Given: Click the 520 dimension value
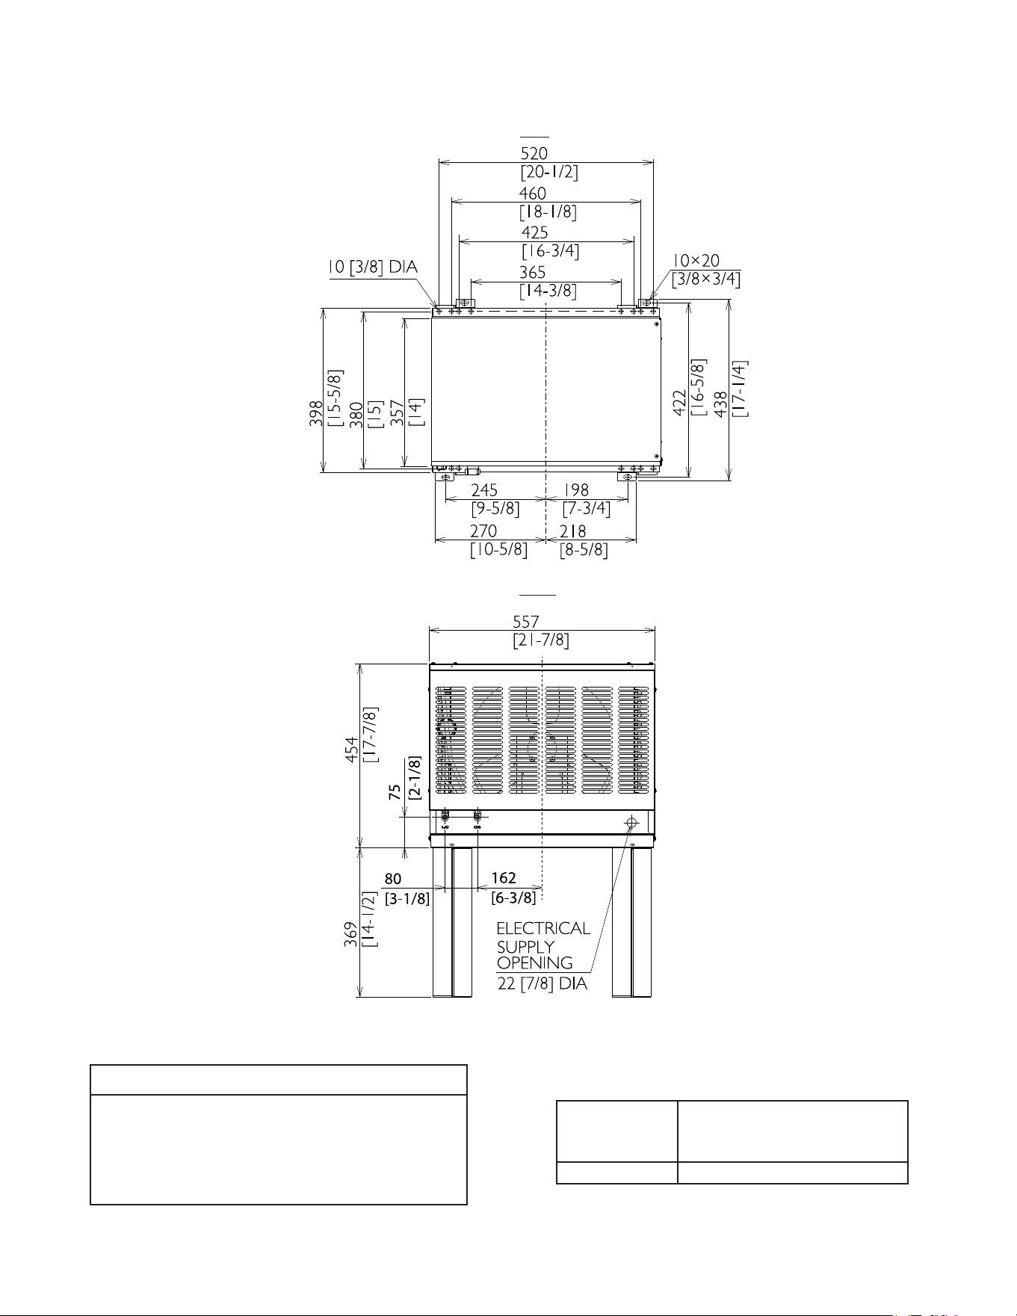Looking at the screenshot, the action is [534, 153].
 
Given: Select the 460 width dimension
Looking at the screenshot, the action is [533, 194].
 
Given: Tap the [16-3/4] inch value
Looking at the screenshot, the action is [550, 251].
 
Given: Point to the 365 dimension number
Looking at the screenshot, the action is [533, 274].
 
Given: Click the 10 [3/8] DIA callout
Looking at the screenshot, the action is [374, 268].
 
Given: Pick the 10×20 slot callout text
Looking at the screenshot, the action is [696, 260].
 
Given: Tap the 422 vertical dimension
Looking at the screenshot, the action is [681, 404].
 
